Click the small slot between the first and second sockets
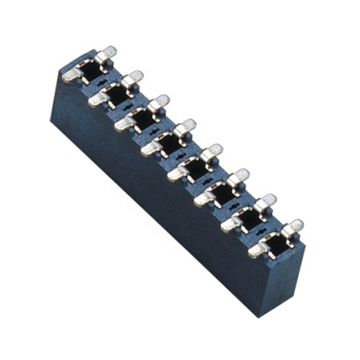click(103, 83)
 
